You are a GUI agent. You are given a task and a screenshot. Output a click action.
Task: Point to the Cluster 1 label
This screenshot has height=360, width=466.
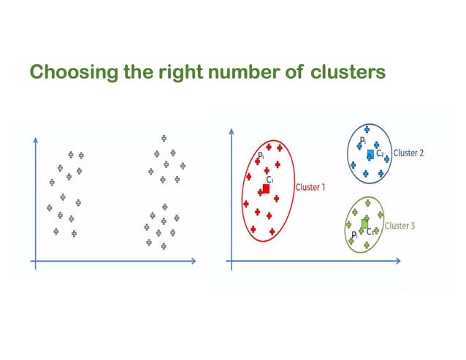310,188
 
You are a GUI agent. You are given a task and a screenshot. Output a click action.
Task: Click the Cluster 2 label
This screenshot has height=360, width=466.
409,153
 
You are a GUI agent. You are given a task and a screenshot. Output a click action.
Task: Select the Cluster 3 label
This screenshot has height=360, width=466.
400,226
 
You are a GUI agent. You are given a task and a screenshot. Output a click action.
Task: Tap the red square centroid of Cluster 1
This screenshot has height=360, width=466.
266,188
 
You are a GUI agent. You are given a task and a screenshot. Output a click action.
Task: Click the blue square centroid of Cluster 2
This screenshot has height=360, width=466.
370,155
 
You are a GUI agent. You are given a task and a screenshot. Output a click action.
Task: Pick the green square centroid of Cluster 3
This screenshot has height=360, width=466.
364,223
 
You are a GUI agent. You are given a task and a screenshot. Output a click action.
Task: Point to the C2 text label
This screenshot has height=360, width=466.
381,153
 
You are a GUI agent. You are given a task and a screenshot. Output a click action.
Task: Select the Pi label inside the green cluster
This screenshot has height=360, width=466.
354,234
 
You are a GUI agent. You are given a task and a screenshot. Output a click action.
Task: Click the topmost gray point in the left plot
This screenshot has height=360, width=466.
164,137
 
